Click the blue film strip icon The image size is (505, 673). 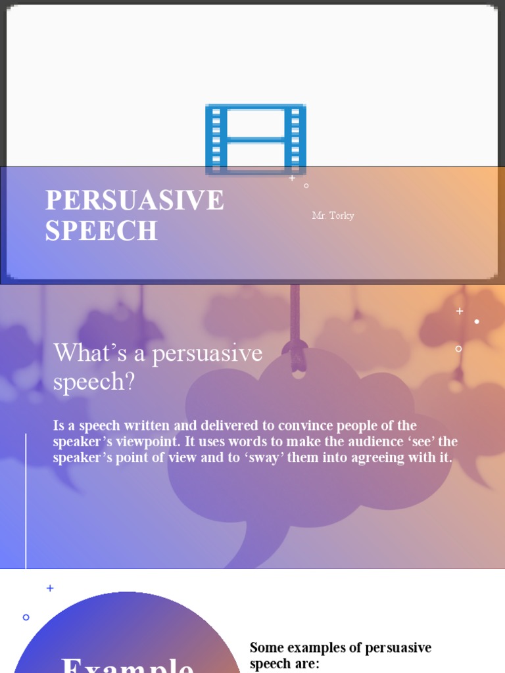pyautogui.click(x=255, y=139)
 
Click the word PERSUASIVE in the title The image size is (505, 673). pyautogui.click(x=135, y=200)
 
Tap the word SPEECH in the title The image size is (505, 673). pyautogui.click(x=101, y=231)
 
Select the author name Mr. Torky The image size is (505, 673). pyautogui.click(x=333, y=216)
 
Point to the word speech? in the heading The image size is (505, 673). pyautogui.click(x=93, y=382)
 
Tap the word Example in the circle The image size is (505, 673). pyautogui.click(x=128, y=664)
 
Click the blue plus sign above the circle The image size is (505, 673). pyautogui.click(x=50, y=588)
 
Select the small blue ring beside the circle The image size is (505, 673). pyautogui.click(x=26, y=617)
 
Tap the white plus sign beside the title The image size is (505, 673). pyautogui.click(x=292, y=178)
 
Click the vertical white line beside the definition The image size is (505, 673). pyautogui.click(x=26, y=499)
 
